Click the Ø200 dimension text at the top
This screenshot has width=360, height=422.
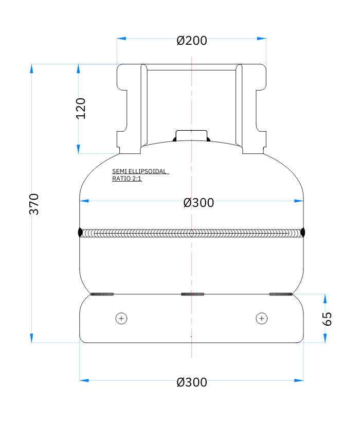[191, 41]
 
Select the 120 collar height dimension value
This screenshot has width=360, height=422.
[81, 108]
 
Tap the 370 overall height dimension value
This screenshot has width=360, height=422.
[34, 204]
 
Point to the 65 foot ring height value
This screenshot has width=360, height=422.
[327, 319]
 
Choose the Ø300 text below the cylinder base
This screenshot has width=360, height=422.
[191, 382]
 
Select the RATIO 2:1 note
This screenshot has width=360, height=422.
[127, 179]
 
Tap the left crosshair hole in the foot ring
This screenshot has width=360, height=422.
[121, 319]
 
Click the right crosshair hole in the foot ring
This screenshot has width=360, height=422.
[262, 319]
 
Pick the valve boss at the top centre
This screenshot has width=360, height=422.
[191, 135]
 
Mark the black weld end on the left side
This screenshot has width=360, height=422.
[80, 233]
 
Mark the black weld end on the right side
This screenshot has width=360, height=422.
[303, 233]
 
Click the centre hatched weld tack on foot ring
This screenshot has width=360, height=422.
[192, 294]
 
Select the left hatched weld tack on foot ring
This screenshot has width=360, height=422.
[102, 294]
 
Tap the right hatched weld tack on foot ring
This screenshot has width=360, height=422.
[281, 294]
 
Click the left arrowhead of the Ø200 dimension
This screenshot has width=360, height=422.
[121, 38]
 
